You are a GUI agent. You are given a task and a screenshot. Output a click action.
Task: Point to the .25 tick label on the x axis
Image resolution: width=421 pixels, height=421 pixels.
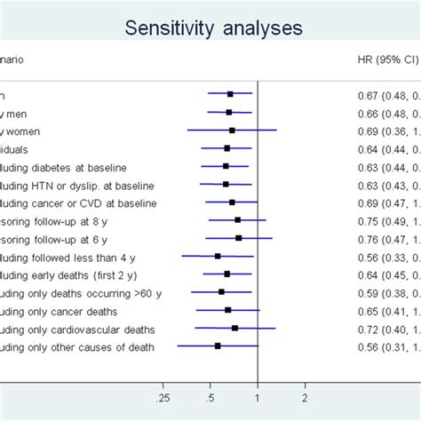point(163,396)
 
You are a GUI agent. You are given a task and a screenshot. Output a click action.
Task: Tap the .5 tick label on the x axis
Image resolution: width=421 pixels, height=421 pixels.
point(210,396)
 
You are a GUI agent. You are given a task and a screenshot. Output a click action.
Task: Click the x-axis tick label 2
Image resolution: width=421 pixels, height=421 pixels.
point(305,396)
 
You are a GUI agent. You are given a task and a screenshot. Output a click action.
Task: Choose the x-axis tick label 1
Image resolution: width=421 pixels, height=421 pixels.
point(258,396)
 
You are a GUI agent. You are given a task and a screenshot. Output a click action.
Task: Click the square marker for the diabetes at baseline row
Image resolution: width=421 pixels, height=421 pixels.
point(226,166)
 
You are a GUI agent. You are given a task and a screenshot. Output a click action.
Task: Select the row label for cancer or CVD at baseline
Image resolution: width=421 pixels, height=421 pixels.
point(81,203)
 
